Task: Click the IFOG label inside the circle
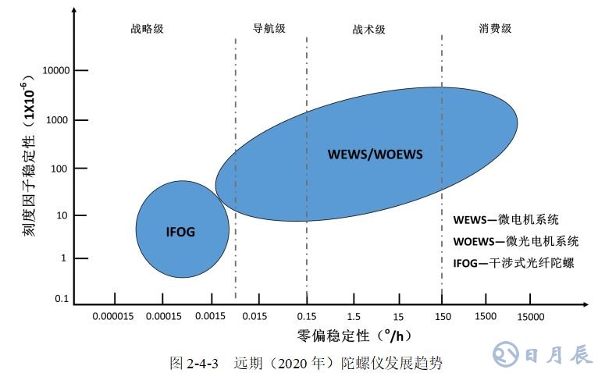coord(180,231)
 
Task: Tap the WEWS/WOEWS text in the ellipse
coord(376,154)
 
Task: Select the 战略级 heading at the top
coord(148,29)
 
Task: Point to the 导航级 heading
coord(269,28)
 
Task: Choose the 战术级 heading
coord(369,29)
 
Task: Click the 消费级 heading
coord(495,28)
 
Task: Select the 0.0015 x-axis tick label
coord(211,317)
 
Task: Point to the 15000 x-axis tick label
coord(529,317)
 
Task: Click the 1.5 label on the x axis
coord(354,317)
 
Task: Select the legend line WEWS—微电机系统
coord(506,219)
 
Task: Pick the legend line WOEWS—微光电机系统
coord(516,240)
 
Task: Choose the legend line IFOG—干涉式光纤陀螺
coord(513,262)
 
